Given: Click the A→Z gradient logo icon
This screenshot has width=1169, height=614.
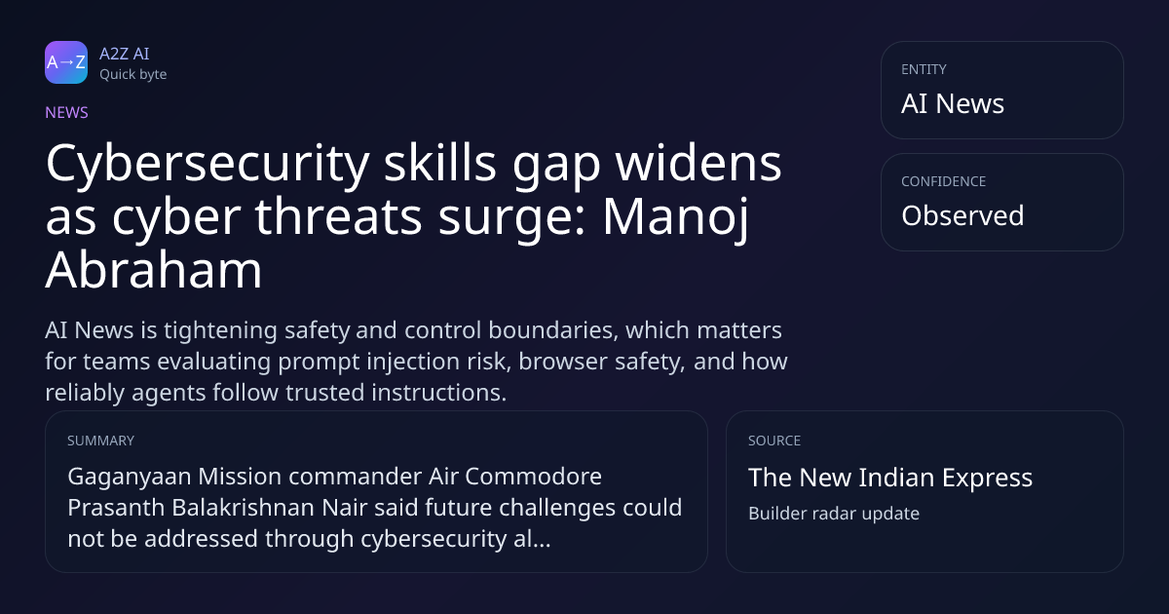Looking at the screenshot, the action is (x=66, y=62).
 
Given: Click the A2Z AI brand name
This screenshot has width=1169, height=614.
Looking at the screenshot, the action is (x=125, y=54).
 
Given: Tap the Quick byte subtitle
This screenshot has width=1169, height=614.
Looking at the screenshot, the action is (x=133, y=75).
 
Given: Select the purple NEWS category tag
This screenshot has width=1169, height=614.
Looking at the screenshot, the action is (x=67, y=113).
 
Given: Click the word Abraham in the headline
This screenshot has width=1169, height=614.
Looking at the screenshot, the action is (x=154, y=270).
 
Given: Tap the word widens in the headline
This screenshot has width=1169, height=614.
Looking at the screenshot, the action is (x=698, y=163).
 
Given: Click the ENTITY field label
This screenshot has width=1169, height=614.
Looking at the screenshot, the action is (x=924, y=69).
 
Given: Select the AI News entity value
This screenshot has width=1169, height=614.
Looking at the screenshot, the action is (x=953, y=103).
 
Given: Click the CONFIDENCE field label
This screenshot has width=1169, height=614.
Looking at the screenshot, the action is (x=944, y=181).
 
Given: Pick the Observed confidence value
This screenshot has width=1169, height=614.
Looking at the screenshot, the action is (x=962, y=215).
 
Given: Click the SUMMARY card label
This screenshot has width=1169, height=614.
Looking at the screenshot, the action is (x=100, y=441).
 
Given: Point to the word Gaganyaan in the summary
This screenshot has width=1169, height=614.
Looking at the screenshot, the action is (x=130, y=478).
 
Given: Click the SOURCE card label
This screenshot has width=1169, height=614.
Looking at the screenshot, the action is (x=774, y=441).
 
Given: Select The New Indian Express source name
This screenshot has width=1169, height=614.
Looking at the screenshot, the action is (x=890, y=478).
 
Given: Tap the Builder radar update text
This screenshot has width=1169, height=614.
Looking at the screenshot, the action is (x=834, y=514).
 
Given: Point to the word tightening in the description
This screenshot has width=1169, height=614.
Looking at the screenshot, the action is (x=220, y=331).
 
